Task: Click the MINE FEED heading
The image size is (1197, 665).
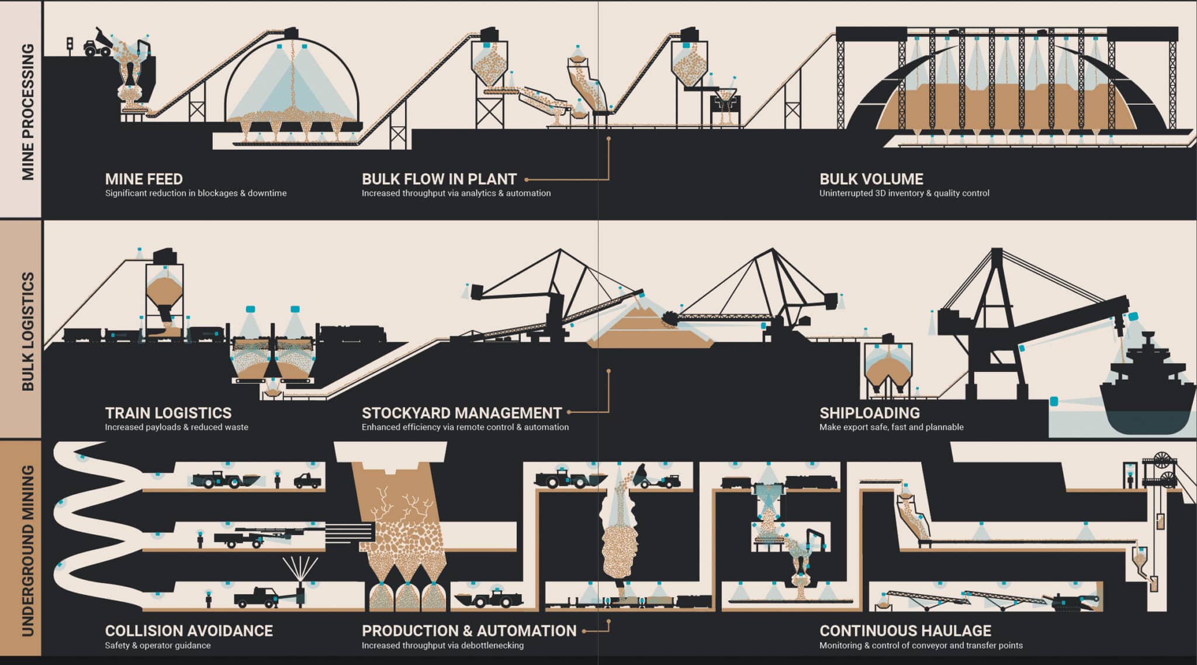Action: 144,179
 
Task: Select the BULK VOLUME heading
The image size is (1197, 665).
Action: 871,179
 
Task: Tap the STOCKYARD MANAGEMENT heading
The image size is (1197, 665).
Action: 461,413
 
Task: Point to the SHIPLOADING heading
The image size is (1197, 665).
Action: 869,413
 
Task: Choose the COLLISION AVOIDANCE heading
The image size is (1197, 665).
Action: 189,631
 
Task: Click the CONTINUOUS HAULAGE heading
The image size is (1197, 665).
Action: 905,631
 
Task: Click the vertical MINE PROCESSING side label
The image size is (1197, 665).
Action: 27,111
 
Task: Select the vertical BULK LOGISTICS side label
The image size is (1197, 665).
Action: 27,331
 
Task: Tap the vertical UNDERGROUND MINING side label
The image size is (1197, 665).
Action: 27,550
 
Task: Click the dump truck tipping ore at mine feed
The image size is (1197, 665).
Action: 97,42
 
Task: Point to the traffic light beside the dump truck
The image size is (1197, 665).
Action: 70,45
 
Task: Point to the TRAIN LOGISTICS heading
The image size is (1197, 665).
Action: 168,413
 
